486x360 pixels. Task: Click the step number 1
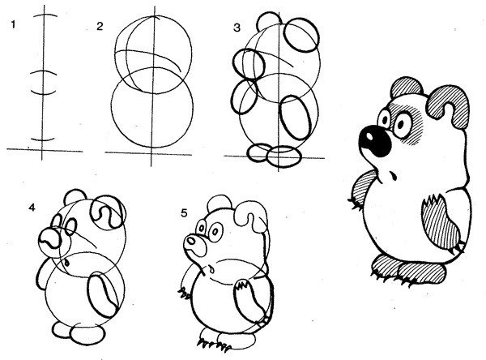(13, 24)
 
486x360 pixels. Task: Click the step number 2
(100, 27)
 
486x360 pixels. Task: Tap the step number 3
(237, 28)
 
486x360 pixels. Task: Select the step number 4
(32, 208)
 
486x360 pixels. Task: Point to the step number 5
(184, 213)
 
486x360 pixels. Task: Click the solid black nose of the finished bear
(375, 141)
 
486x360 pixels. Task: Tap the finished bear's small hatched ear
(407, 87)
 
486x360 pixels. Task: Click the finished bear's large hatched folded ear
(448, 106)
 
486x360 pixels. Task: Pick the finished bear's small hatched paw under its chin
(363, 188)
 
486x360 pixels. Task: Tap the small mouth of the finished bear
(393, 176)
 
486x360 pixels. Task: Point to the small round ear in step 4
(75, 196)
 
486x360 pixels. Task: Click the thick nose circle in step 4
(50, 239)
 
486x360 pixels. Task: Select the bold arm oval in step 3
(296, 118)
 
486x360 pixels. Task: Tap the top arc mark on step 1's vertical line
(45, 16)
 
